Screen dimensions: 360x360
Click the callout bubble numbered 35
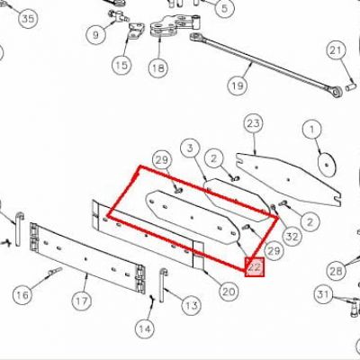pos(28,19)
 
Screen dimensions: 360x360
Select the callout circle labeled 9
pos(95,35)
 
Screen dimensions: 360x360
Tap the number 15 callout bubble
pos(121,65)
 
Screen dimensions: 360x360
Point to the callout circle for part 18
pos(158,67)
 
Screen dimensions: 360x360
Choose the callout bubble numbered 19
pos(238,86)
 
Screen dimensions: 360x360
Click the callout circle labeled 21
pos(336,50)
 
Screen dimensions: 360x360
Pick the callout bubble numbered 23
pos(253,123)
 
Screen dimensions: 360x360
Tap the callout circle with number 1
pos(312,130)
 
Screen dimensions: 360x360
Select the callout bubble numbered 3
pos(190,148)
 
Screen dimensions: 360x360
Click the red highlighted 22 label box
pos(255,266)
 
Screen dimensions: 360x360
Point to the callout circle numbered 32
pos(292,237)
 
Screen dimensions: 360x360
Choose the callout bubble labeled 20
pos(229,292)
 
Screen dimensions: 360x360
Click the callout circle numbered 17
pos(82,301)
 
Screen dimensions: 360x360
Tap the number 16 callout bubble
pos(22,295)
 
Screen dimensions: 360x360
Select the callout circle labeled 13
pos(192,306)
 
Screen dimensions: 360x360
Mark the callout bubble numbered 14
pos(145,328)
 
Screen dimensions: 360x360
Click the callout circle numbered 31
pos(323,294)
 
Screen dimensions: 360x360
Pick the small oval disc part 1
pos(327,164)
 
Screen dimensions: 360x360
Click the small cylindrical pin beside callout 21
pos(349,88)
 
